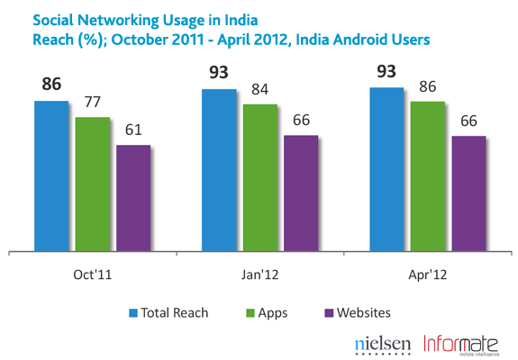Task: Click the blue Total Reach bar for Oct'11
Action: tap(51, 176)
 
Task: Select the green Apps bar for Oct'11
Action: tap(92, 184)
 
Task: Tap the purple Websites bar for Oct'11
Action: tap(133, 198)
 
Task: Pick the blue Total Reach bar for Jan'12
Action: tap(219, 170)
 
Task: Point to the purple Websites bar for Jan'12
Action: tap(302, 193)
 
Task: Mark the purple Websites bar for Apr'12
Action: tap(469, 193)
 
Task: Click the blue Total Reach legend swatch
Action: tap(132, 312)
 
